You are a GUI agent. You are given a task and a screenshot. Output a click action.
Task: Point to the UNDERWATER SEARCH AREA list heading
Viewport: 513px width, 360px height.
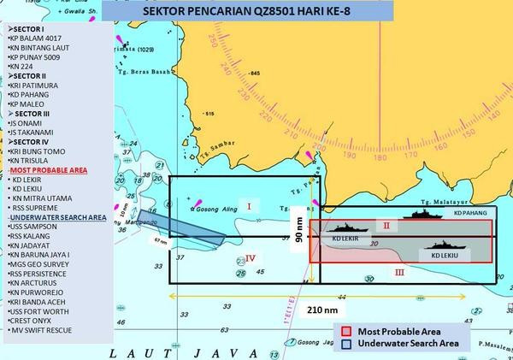click(56, 218)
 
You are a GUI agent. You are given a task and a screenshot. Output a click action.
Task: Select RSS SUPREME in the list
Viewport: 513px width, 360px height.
click(37, 207)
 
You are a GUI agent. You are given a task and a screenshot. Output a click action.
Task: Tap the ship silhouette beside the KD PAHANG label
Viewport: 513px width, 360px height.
click(424, 215)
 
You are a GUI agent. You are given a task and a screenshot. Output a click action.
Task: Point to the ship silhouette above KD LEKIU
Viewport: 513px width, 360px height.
click(445, 245)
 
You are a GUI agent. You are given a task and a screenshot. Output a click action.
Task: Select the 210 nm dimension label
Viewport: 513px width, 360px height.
click(312, 304)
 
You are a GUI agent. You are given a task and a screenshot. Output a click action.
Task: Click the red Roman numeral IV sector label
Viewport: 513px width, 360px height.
click(251, 256)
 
